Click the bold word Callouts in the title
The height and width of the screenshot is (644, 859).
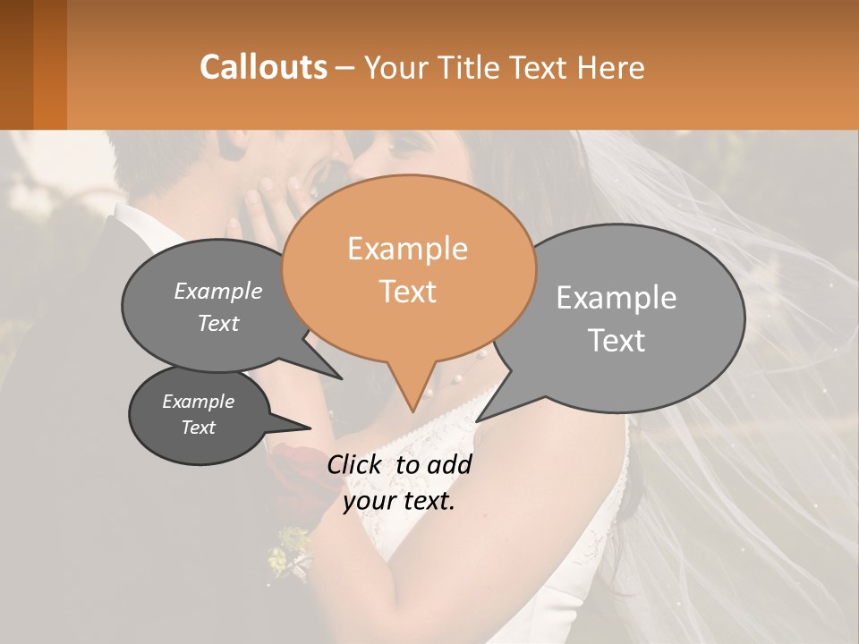(263, 67)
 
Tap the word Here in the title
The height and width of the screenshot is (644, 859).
(612, 68)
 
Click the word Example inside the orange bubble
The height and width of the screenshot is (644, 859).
(407, 249)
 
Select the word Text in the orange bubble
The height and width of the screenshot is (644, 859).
(408, 292)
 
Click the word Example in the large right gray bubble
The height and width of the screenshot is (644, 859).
(617, 298)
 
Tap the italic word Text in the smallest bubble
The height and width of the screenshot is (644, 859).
(199, 428)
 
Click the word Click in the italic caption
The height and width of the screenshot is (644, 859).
(355, 464)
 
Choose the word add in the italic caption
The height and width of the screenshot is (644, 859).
(450, 464)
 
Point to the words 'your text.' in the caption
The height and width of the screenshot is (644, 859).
(399, 502)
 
